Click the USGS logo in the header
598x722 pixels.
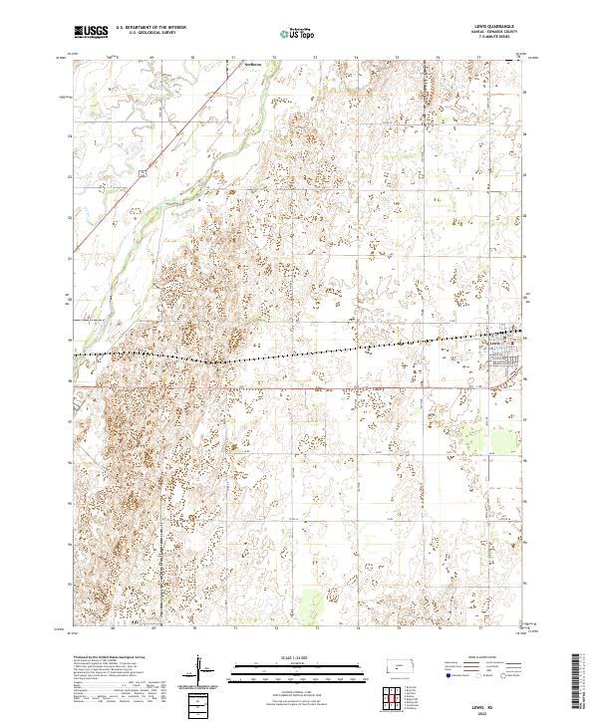(x=91, y=32)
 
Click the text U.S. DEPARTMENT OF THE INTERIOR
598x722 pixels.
(x=151, y=29)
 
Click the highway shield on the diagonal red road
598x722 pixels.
(x=143, y=173)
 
